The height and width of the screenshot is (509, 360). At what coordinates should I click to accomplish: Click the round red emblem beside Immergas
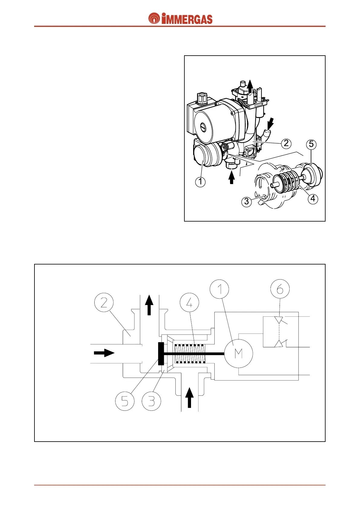[154, 19]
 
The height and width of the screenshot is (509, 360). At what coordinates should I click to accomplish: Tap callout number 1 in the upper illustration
[200, 182]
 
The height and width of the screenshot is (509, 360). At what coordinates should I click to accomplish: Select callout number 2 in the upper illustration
[286, 143]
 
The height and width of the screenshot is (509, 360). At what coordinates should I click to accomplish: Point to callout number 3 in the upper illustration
[246, 201]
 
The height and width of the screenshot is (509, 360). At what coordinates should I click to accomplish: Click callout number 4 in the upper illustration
[313, 199]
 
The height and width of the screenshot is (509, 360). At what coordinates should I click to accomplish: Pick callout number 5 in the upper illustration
[311, 144]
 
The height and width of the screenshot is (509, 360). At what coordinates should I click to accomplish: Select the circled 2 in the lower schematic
[104, 303]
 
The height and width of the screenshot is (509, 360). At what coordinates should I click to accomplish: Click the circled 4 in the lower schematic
[190, 303]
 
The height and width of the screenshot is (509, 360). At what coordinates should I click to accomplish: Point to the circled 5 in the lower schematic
[125, 401]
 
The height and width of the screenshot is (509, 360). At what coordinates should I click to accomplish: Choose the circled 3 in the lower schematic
[151, 401]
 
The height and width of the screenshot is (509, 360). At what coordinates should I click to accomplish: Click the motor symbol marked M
[238, 353]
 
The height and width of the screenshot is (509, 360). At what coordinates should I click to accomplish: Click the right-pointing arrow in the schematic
[104, 353]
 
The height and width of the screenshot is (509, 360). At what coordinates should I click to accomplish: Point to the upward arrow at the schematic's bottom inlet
[190, 398]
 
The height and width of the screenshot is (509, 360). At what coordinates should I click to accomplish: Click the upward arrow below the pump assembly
[232, 177]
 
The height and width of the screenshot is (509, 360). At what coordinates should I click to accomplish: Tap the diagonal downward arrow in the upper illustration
[268, 124]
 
